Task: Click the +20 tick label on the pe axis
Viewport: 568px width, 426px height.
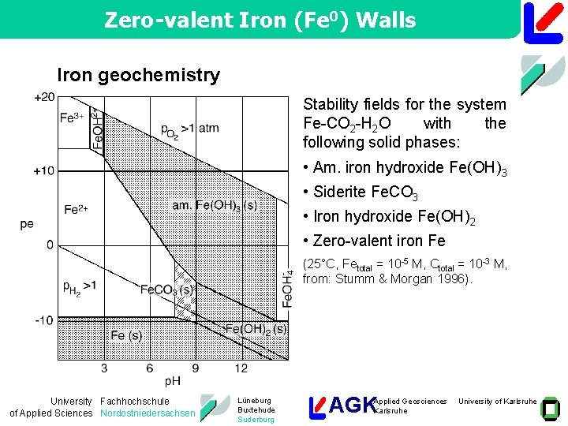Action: coord(44,97)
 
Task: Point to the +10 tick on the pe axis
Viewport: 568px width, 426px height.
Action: coord(44,171)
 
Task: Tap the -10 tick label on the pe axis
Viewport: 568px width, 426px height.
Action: coord(44,319)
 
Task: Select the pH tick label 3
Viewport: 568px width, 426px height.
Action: coord(105,368)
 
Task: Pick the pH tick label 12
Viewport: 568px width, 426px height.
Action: coord(241,368)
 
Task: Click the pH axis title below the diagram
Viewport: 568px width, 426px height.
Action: coord(173,381)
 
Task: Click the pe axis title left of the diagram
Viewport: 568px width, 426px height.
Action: coord(27,224)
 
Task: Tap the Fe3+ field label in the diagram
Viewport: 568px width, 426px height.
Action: coord(72,118)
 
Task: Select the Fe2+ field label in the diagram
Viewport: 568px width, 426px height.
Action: coord(76,209)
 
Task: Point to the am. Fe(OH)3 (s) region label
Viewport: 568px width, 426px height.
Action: coord(215,205)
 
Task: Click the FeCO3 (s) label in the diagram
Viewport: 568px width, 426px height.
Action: coord(167,290)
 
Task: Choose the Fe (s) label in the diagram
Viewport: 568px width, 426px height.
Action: coord(126,335)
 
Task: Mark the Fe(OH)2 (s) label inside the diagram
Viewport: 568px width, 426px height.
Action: coord(256,328)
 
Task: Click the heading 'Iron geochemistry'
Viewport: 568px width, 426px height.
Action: coord(138,75)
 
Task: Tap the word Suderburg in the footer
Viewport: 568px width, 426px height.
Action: coord(256,420)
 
